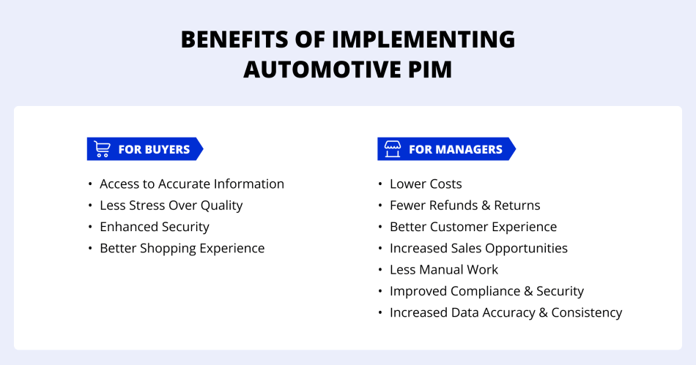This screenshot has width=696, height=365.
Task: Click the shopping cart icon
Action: (103, 149)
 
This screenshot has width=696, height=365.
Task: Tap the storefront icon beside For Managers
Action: (393, 149)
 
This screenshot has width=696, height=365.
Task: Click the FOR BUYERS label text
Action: (154, 149)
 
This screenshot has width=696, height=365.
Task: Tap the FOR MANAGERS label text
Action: (456, 149)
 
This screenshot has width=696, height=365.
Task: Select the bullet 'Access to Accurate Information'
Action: (192, 184)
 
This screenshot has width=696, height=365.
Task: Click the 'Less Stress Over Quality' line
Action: (171, 206)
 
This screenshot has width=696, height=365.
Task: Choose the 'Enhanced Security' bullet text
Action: (155, 227)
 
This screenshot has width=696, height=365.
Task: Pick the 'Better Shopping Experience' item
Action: (182, 248)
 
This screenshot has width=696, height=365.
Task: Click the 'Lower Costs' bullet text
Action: (426, 184)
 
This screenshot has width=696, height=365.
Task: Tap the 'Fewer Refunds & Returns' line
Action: (465, 206)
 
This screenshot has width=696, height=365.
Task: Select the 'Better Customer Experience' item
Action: (473, 227)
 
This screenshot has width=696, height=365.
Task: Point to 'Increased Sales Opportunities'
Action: (478, 248)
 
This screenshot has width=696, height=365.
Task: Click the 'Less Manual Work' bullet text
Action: (444, 269)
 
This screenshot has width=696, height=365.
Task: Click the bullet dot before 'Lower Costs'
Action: (380, 184)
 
